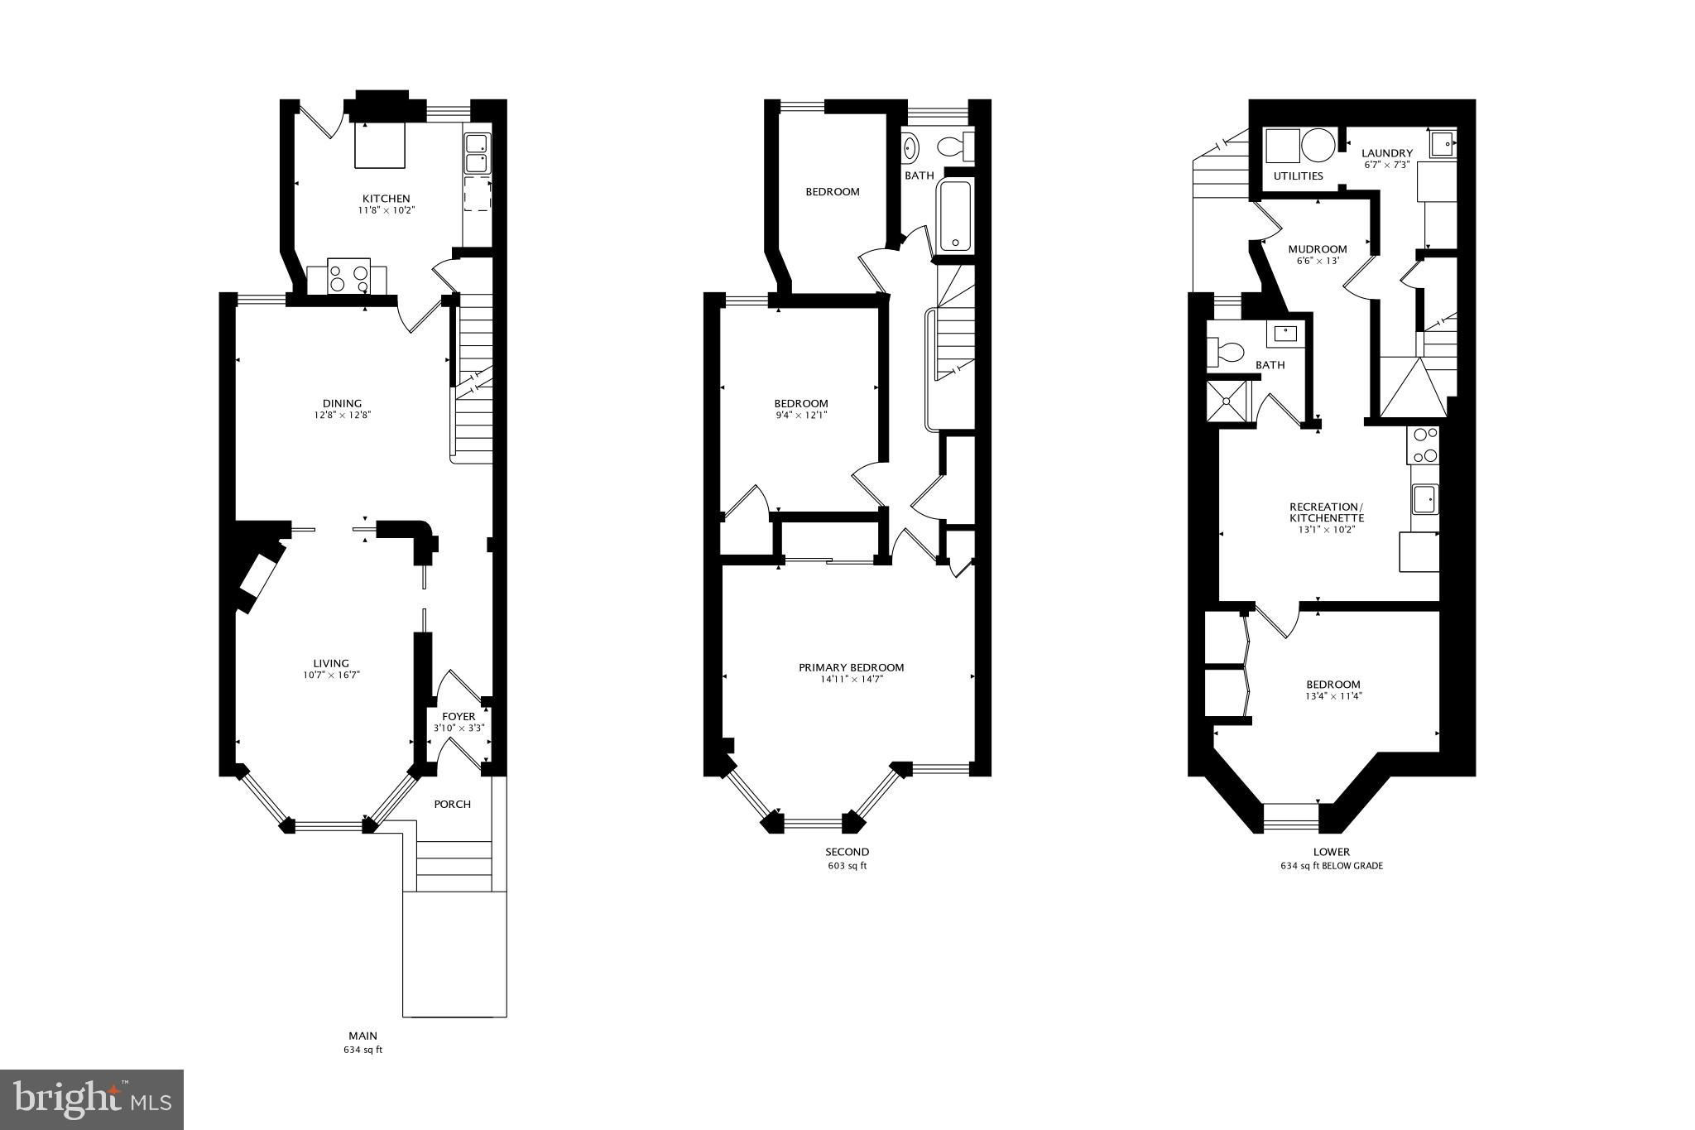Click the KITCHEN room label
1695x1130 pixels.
tap(386, 199)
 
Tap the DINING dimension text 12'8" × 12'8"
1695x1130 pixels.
tap(342, 416)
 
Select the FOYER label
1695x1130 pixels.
tap(459, 716)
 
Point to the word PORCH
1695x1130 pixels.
tap(453, 804)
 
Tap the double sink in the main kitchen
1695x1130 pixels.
tap(477, 152)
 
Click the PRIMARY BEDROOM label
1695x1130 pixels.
tap(851, 667)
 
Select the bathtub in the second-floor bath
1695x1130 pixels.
tap(955, 217)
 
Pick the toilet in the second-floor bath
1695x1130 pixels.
tap(955, 147)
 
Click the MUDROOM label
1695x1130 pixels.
tap(1318, 249)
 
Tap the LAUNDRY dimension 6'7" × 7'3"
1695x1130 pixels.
tap(1387, 165)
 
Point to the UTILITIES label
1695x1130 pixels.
tap(1298, 176)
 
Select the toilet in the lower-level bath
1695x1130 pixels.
tap(1226, 353)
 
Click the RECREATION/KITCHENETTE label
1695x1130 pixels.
tap(1326, 512)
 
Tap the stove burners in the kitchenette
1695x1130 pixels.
tap(1424, 445)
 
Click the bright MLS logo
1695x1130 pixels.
tap(92, 1099)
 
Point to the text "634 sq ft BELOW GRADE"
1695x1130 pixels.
tap(1331, 866)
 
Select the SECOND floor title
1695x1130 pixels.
tap(847, 852)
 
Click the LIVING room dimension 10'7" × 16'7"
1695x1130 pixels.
tap(331, 675)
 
